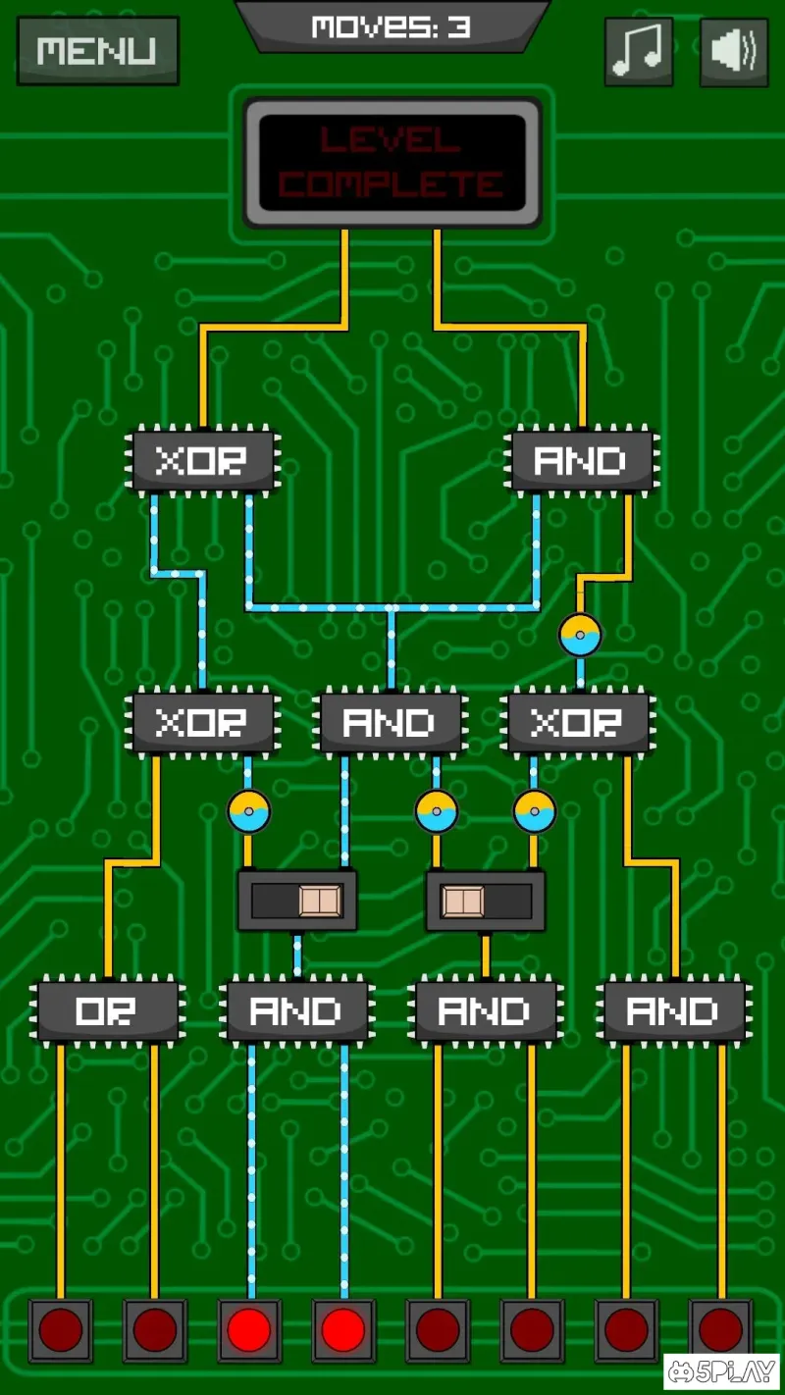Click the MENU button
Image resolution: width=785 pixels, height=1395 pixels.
coord(97,50)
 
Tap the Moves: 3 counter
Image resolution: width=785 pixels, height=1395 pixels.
coord(392,26)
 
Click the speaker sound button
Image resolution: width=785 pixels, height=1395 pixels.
coord(733,52)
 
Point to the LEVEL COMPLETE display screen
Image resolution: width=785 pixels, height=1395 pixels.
coord(392,163)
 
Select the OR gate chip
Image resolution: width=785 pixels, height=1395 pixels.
coord(107,1010)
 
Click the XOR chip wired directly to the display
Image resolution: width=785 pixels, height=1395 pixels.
coord(202,460)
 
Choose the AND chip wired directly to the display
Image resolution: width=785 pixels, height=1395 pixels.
coord(582,460)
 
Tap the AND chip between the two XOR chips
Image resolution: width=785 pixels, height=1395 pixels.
coord(390,723)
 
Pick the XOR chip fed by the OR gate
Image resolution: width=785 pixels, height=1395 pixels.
coord(202,723)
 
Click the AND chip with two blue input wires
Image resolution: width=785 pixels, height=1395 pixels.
coord(295,1010)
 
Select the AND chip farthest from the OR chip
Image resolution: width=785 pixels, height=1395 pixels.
coord(675,1010)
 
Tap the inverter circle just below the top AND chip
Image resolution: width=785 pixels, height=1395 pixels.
coord(580,636)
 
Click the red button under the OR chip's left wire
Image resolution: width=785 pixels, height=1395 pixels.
coord(60,1330)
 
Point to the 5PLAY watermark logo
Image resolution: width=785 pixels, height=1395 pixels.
coord(721,1372)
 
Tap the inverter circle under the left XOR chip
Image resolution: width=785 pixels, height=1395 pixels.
coord(248,812)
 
